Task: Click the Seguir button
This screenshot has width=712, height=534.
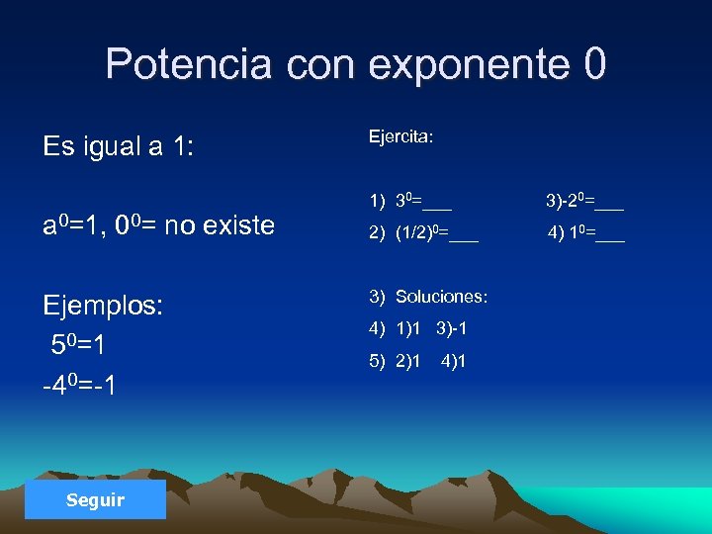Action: [96, 500]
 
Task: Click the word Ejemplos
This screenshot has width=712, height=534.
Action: [103, 305]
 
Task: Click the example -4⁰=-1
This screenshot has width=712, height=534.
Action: [79, 383]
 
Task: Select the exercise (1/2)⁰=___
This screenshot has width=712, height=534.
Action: [436, 234]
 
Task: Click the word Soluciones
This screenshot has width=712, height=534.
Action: [441, 297]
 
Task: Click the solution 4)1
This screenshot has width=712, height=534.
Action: [454, 361]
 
